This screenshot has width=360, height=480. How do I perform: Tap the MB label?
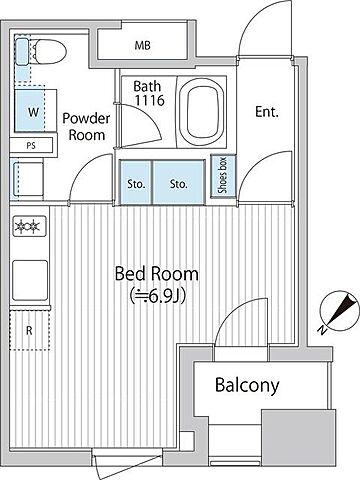pos(142,45)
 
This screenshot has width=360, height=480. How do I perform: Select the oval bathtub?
pos(201,112)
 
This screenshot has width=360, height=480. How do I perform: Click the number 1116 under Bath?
pos(149,100)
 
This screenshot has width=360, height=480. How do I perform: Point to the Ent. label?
pos(267,112)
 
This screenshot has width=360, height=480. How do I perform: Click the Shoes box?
pos(223,176)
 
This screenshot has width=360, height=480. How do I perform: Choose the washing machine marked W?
pos(35,111)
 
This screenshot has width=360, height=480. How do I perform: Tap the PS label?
pos(31,146)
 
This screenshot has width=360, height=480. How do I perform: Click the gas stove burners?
pos(29,226)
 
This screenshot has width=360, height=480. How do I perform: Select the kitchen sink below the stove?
pos(30,280)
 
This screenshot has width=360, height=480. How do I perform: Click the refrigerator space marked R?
pos(30,330)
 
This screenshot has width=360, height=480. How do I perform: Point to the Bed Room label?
pos(156,274)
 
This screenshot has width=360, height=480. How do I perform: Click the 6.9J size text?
pos(157,295)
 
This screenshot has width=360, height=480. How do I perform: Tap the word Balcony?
pos(247,385)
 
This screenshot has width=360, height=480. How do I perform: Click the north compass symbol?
pos(337,312)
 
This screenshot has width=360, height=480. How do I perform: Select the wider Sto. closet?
pos(178,182)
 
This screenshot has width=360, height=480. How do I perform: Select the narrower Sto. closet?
pos(136,182)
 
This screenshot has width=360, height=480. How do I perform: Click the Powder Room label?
pos(86,126)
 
